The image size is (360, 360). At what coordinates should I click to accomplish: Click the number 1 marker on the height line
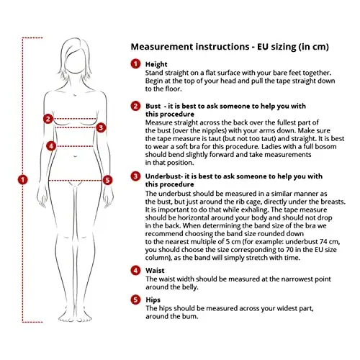23,180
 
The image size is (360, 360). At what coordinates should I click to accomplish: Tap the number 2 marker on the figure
48,119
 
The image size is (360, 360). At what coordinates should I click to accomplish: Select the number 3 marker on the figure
101,127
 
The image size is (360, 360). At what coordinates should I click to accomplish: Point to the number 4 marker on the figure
51,146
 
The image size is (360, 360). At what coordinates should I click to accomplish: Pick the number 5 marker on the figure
107,180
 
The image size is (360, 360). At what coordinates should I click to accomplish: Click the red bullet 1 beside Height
135,64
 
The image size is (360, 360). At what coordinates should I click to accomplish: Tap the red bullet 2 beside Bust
135,106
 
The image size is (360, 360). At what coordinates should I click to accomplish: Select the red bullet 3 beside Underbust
135,176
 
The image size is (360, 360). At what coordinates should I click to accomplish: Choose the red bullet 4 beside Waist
135,271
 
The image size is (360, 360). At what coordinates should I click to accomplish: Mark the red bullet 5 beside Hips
135,300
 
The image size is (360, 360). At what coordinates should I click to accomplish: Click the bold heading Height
156,64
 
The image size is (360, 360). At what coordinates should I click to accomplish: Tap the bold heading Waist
155,271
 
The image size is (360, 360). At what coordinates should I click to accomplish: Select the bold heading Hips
153,300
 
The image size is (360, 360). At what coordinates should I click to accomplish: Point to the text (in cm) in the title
313,47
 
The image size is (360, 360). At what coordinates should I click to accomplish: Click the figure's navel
76,156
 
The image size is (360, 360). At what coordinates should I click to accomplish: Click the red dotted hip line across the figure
76,181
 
